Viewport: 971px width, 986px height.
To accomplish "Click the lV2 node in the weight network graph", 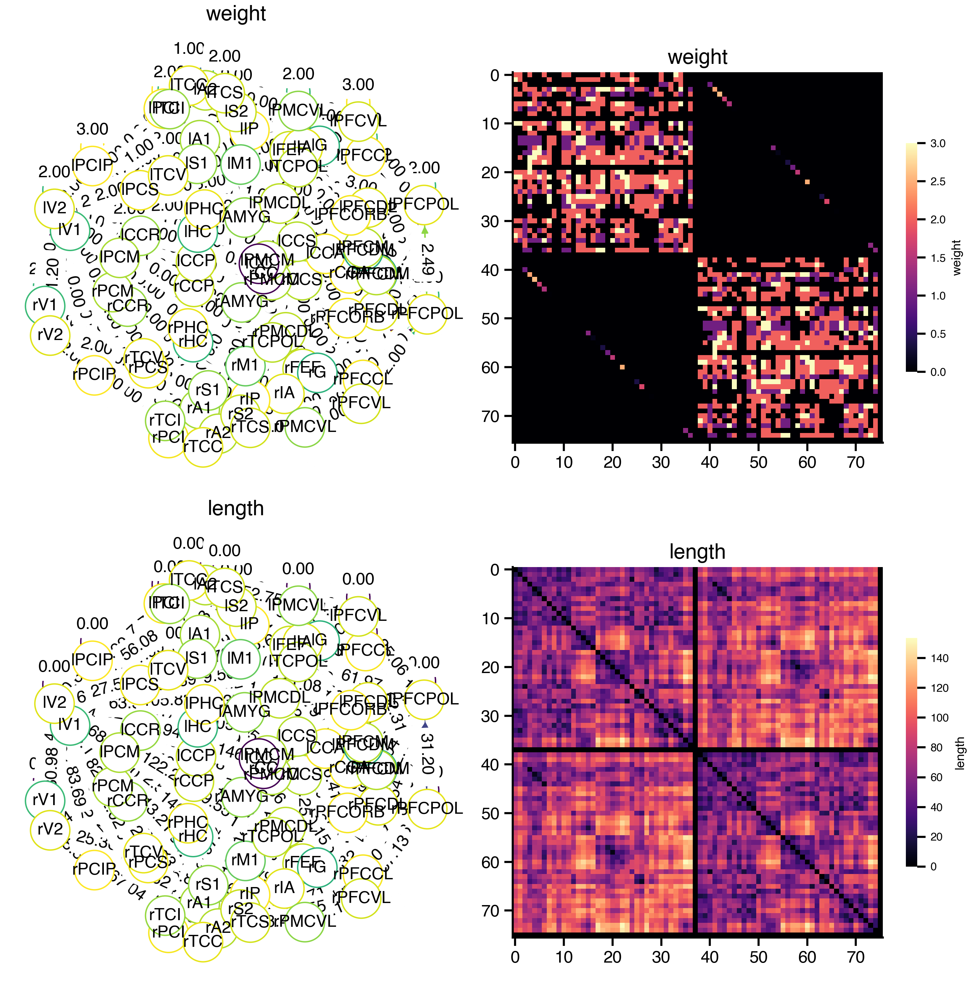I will [54, 208].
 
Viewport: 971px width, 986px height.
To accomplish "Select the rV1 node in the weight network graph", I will [45, 305].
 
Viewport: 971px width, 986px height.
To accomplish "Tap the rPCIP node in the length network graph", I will [94, 869].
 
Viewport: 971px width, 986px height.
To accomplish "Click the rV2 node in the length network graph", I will [50, 829].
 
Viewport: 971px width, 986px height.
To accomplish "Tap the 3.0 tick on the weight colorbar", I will [937, 144].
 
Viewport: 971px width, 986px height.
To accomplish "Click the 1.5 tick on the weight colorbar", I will [937, 258].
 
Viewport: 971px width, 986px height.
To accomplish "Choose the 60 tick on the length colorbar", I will [936, 778].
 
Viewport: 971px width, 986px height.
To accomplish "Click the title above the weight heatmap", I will [697, 57].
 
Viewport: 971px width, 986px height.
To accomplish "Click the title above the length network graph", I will [235, 509].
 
